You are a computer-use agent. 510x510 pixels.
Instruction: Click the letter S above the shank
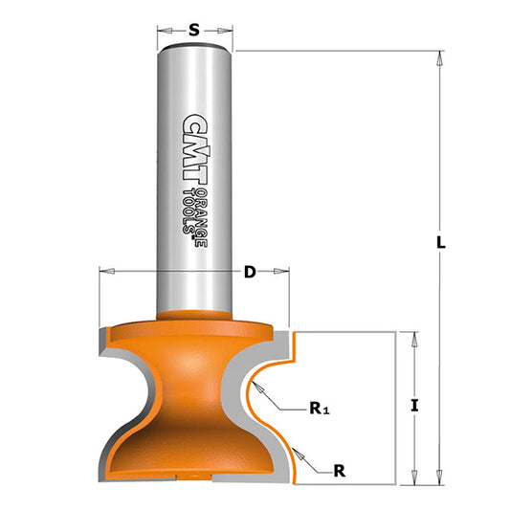(x=194, y=30)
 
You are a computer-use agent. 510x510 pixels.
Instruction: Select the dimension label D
(x=250, y=273)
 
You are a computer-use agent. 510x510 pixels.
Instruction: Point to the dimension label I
(x=414, y=405)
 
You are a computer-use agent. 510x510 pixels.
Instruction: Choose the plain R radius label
(x=341, y=470)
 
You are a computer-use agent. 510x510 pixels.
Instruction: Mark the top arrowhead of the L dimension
(x=440, y=58)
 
